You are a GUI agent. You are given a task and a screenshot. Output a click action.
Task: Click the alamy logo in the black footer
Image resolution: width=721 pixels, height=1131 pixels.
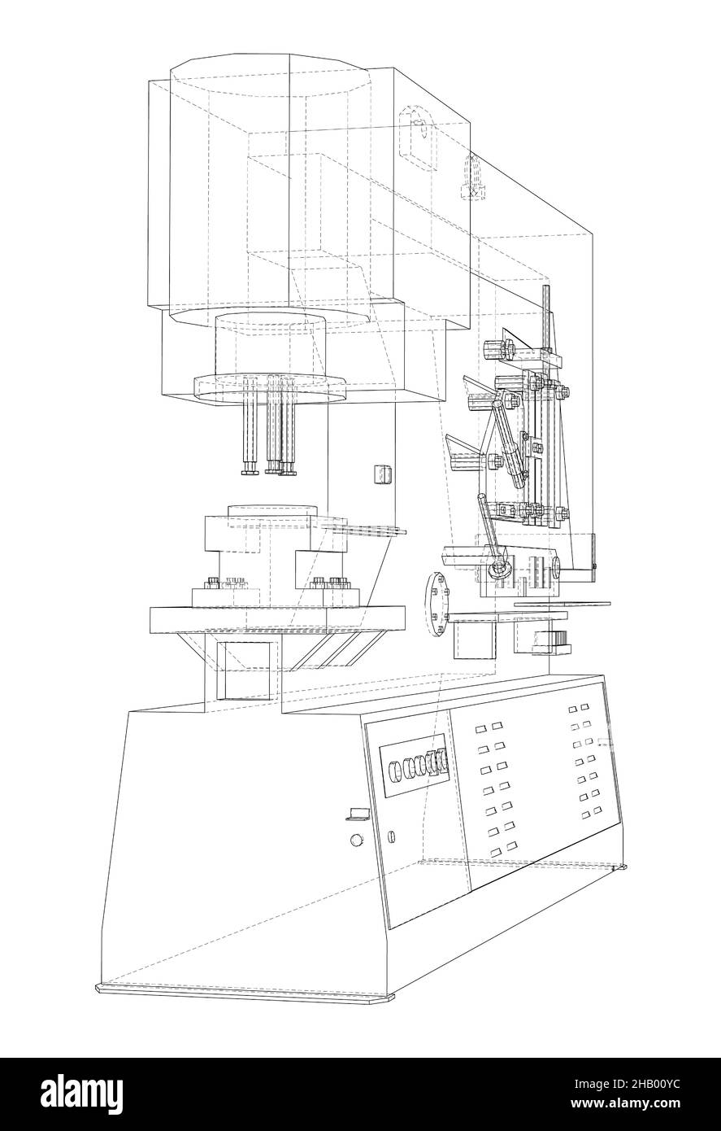click(82, 1094)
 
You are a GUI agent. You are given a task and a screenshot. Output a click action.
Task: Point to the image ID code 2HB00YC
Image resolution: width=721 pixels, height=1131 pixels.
click(627, 1082)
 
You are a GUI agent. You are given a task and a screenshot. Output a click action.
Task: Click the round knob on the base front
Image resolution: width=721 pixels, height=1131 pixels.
click(357, 840)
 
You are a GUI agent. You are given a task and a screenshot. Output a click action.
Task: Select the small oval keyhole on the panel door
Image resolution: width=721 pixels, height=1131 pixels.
click(392, 836)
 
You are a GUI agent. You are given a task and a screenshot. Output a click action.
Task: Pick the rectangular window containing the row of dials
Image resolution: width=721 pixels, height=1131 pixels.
click(414, 766)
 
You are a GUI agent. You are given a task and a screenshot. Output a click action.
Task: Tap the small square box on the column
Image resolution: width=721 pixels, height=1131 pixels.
click(384, 474)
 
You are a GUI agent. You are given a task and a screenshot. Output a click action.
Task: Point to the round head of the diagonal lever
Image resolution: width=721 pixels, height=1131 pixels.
click(498, 569)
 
